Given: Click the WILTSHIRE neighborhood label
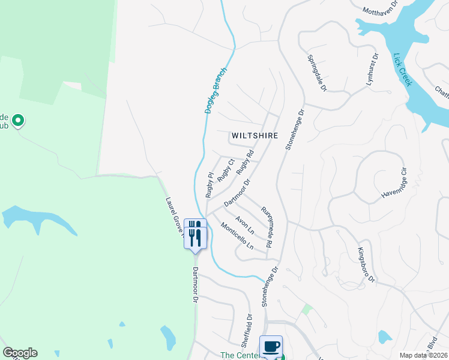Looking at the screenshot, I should tap(255, 136).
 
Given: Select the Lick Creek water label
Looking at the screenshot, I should tap(402, 70).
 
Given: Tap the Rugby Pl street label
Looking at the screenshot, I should tap(209, 185).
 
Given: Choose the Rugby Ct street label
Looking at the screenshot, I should tap(226, 170).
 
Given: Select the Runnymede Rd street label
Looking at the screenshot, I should tap(266, 227).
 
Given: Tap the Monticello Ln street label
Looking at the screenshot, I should tap(237, 236).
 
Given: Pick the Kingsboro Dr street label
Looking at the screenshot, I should tap(366, 265).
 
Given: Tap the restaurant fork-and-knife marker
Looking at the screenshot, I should tap(195, 233).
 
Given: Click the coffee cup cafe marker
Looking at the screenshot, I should tap(271, 346).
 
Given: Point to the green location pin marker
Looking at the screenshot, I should tap(18, 121).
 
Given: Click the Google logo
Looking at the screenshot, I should tap(20, 353).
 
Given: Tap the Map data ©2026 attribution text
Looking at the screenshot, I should tap(423, 355).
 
